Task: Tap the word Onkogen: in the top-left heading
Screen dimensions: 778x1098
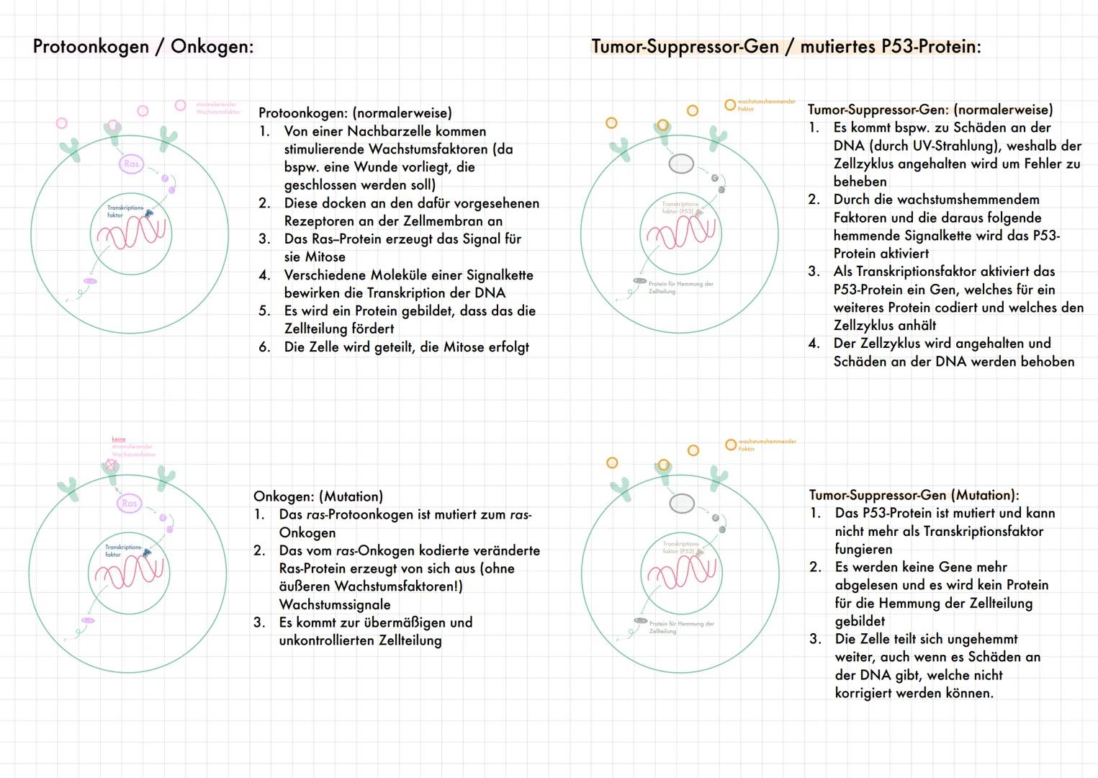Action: pyautogui.click(x=212, y=47)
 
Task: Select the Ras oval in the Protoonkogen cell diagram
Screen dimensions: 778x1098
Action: pyautogui.click(x=131, y=164)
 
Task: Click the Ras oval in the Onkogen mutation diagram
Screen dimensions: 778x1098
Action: pyautogui.click(x=130, y=504)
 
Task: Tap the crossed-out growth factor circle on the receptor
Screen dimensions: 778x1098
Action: pyautogui.click(x=111, y=466)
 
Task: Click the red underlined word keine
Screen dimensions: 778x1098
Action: pyautogui.click(x=119, y=439)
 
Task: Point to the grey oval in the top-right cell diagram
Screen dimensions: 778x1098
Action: pyautogui.click(x=681, y=164)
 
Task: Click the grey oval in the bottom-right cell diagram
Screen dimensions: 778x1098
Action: pyautogui.click(x=682, y=503)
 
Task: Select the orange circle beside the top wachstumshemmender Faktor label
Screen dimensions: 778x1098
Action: pyautogui.click(x=730, y=105)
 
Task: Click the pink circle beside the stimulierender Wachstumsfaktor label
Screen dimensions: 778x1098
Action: pyautogui.click(x=181, y=105)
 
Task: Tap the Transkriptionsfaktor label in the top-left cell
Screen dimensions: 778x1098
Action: pyautogui.click(x=125, y=211)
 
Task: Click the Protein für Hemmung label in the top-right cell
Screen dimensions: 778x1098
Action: pyautogui.click(x=680, y=287)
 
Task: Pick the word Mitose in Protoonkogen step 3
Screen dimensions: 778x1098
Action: pyautogui.click(x=325, y=257)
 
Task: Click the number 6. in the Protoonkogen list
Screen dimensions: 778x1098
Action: pyautogui.click(x=264, y=347)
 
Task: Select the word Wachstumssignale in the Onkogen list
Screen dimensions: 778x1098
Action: pyautogui.click(x=336, y=604)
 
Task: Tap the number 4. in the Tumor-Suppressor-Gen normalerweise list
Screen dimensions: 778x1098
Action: pyautogui.click(x=814, y=344)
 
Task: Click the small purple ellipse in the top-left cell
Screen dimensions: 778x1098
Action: pyautogui.click(x=90, y=281)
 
